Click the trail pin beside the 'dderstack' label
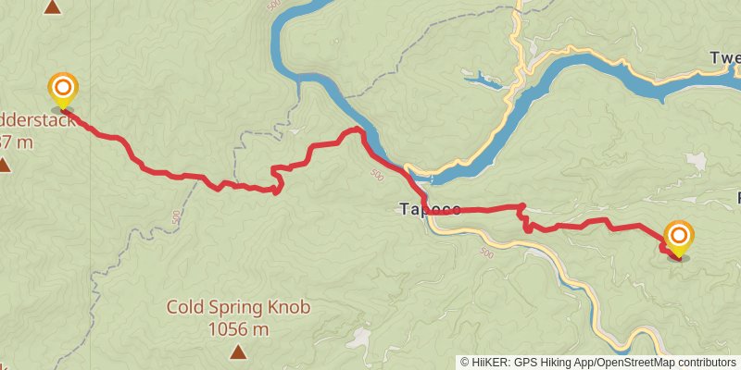point(62,91)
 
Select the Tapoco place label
point(430,209)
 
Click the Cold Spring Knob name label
point(238,307)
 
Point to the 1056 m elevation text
point(238,328)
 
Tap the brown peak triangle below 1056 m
point(238,351)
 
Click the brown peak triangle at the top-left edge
point(53,7)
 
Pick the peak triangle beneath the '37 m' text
point(4,166)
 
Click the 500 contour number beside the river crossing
point(376,173)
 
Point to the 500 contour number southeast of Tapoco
point(488,253)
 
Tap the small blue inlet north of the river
point(482,80)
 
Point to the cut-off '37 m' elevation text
point(17,142)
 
